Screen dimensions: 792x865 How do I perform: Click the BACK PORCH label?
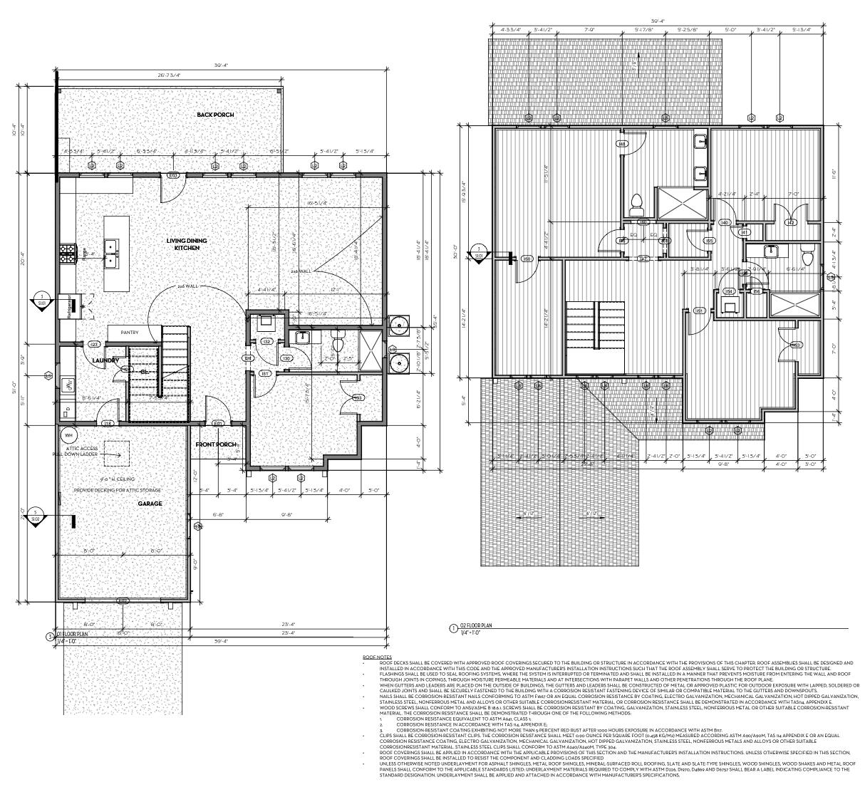pyautogui.click(x=215, y=115)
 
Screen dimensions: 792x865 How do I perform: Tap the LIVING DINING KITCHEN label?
pyautogui.click(x=187, y=244)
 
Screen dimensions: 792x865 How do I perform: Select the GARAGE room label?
pyautogui.click(x=150, y=504)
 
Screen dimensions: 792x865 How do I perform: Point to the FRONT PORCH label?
pyautogui.click(x=216, y=444)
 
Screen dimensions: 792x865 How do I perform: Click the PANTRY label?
pyautogui.click(x=130, y=333)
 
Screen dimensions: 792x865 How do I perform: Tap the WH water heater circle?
pyautogui.click(x=69, y=435)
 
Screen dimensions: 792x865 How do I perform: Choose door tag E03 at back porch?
pyautogui.click(x=172, y=174)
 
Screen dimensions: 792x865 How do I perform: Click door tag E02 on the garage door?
pyautogui.click(x=123, y=600)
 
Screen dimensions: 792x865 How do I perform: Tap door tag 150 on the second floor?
pyautogui.click(x=527, y=259)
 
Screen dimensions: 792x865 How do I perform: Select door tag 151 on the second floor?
pyautogui.click(x=699, y=311)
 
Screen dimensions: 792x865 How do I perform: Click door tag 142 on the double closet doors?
pyautogui.click(x=790, y=223)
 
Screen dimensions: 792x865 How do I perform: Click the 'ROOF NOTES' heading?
pyautogui.click(x=377, y=657)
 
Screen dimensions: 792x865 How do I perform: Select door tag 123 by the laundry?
pyautogui.click(x=94, y=344)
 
